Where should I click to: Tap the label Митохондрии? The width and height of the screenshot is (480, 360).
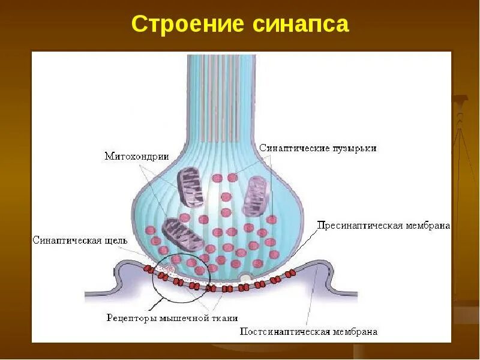pos(137,156)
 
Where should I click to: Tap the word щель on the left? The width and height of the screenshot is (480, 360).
pos(115,240)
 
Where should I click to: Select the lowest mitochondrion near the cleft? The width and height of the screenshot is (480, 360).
pos(177,232)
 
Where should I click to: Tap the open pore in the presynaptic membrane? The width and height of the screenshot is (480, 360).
pos(247,277)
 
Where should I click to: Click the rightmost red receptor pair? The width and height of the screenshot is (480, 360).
pos(290,274)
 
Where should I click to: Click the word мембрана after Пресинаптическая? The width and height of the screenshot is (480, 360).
pos(428,226)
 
